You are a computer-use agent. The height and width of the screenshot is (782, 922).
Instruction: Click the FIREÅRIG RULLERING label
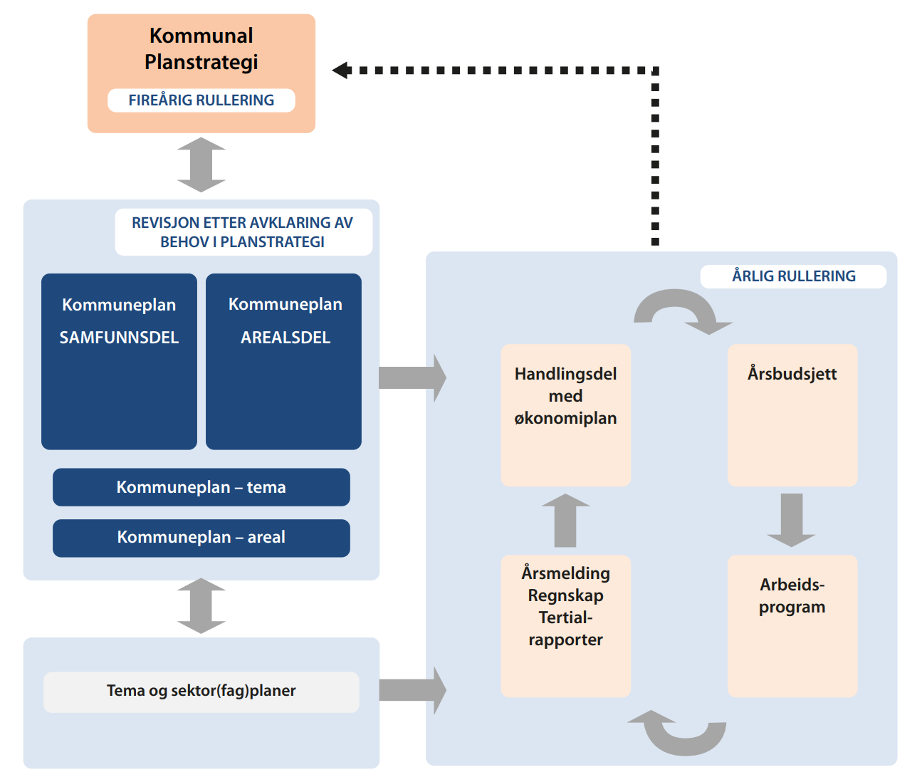201,100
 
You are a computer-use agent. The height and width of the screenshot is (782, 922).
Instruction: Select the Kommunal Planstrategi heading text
201,48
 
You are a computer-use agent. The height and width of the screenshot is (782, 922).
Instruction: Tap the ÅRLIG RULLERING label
793,276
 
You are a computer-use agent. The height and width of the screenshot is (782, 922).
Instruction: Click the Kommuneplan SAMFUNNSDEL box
119,361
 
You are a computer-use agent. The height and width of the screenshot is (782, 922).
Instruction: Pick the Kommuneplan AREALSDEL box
283,361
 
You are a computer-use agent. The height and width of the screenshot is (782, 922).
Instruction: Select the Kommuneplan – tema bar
201,487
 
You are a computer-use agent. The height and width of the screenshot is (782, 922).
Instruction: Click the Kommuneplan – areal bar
201,538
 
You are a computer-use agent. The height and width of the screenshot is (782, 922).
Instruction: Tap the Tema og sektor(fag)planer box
201,692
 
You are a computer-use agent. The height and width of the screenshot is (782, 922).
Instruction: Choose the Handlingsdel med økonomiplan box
565,415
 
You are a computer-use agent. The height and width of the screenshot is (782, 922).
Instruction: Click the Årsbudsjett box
792,415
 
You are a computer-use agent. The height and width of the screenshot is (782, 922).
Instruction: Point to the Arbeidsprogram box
792,625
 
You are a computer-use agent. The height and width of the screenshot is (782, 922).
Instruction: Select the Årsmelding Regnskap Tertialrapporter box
565,625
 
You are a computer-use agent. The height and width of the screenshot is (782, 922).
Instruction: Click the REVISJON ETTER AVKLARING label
243,232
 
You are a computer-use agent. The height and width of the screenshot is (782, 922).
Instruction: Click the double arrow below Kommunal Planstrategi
201,165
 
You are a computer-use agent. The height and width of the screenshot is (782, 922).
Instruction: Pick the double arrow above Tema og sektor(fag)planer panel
201,606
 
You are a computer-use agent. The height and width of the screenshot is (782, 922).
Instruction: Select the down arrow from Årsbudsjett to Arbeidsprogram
792,519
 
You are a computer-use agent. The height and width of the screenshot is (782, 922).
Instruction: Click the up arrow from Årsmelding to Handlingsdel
565,521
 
